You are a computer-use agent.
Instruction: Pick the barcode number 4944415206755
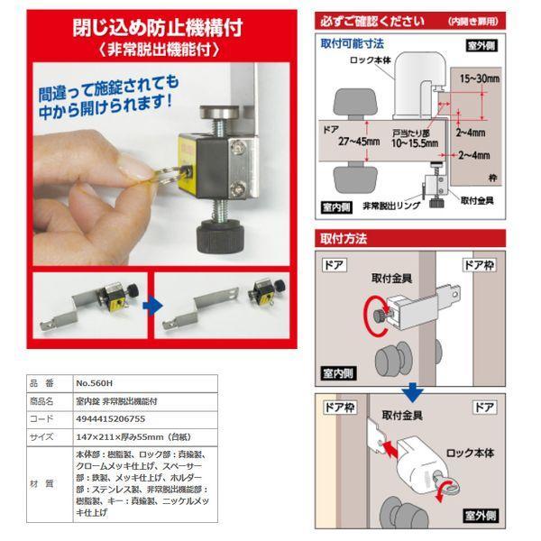pyautogui.click(x=108, y=418)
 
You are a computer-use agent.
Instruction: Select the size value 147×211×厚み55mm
pyautogui.click(x=126, y=436)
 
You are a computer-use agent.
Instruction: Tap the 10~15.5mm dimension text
pyautogui.click(x=410, y=142)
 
